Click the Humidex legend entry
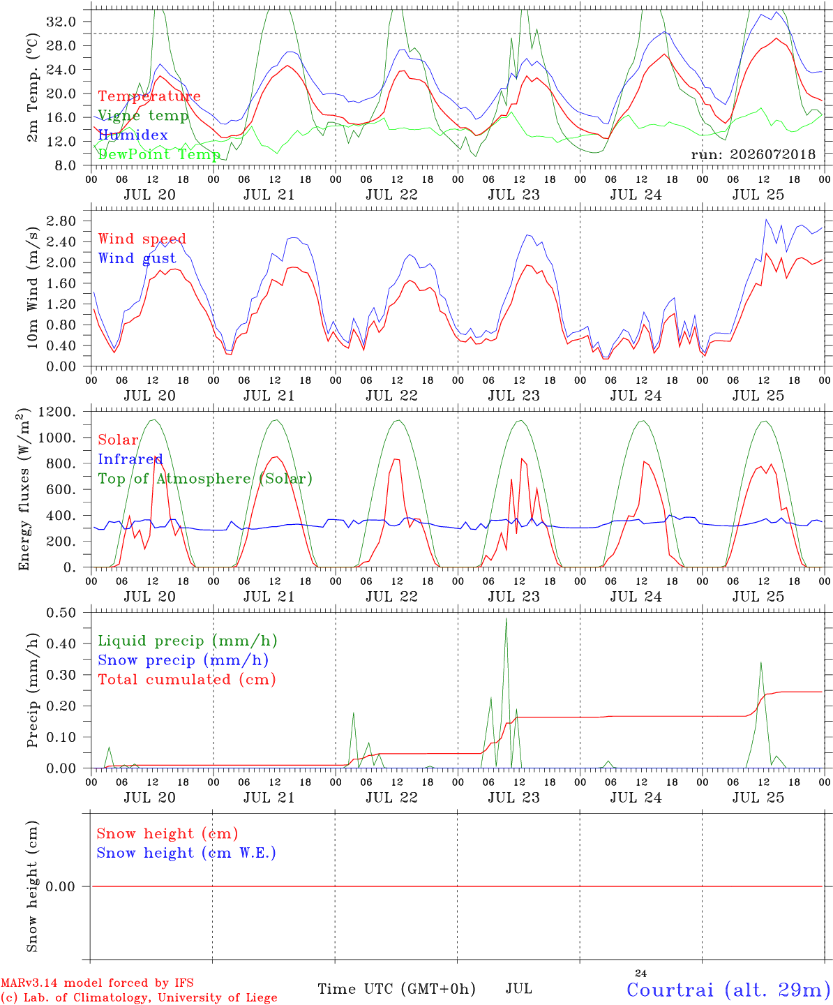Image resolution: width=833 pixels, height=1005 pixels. tap(133, 135)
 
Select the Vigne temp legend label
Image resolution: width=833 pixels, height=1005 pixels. tap(144, 116)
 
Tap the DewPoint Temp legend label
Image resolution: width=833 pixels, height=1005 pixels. tap(159, 154)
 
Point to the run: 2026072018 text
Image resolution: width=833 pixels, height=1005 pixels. tap(753, 154)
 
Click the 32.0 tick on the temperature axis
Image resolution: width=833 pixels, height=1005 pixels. tap(61, 22)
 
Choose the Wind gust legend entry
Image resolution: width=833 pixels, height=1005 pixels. tap(137, 258)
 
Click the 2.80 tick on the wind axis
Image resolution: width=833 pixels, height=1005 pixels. tap(61, 221)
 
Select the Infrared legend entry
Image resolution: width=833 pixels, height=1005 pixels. tap(130, 459)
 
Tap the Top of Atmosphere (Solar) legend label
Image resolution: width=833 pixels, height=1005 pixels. tap(206, 479)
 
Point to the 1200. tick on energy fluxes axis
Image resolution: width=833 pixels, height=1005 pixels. tap(57, 412)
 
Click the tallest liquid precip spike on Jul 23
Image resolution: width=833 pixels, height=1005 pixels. tap(506, 618)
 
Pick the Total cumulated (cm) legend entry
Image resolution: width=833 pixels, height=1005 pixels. tap(187, 680)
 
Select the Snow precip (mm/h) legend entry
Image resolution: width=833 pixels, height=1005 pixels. tap(183, 660)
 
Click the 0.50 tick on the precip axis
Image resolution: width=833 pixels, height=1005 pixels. tap(61, 613)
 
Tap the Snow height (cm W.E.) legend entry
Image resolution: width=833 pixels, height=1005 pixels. tap(186, 853)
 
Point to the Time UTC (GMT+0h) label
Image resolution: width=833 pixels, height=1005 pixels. tap(396, 989)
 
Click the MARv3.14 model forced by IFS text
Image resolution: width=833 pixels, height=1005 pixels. tap(97, 983)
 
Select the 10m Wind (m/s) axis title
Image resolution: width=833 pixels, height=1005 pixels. tap(32, 288)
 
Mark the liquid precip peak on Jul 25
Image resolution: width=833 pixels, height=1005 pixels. tap(761, 663)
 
